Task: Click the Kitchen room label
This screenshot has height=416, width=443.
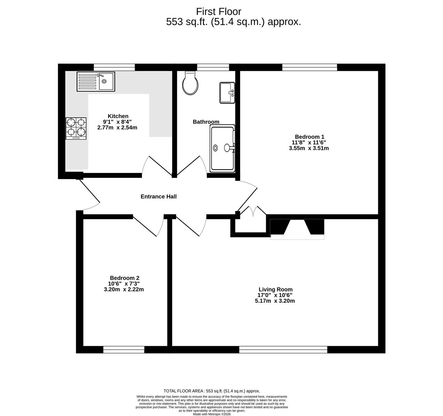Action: click(x=118, y=116)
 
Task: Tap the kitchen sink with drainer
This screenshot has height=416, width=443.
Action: click(x=96, y=81)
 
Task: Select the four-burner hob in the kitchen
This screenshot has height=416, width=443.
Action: click(x=76, y=128)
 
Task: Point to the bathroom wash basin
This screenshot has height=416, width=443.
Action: click(x=227, y=92)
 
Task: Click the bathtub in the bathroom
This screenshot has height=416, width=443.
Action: click(x=223, y=148)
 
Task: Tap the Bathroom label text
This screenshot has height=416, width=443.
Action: click(x=206, y=122)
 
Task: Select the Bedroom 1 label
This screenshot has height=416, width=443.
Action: click(x=309, y=136)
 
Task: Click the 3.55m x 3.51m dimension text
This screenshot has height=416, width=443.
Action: click(x=309, y=148)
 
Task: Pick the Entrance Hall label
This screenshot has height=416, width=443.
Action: click(x=158, y=196)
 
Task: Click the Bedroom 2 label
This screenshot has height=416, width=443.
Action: click(x=124, y=278)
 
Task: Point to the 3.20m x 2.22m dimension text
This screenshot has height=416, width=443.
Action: click(x=124, y=289)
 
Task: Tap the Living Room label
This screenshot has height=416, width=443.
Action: click(x=275, y=289)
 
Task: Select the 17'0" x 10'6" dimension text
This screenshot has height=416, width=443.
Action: click(x=275, y=295)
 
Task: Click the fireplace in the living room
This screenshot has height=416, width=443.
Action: click(x=297, y=228)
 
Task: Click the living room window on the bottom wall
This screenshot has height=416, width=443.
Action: click(x=283, y=349)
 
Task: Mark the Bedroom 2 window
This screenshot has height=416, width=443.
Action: click(x=124, y=349)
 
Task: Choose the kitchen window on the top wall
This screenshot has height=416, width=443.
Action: click(x=114, y=67)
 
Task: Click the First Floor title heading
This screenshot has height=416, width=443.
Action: click(x=218, y=12)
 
